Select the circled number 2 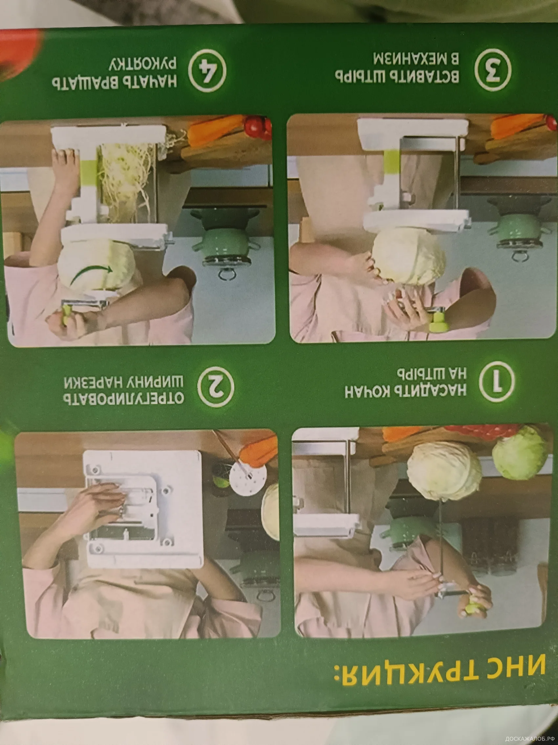tap(216, 387)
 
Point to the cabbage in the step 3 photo tap(409, 256)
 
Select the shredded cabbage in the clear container tap(126, 175)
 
